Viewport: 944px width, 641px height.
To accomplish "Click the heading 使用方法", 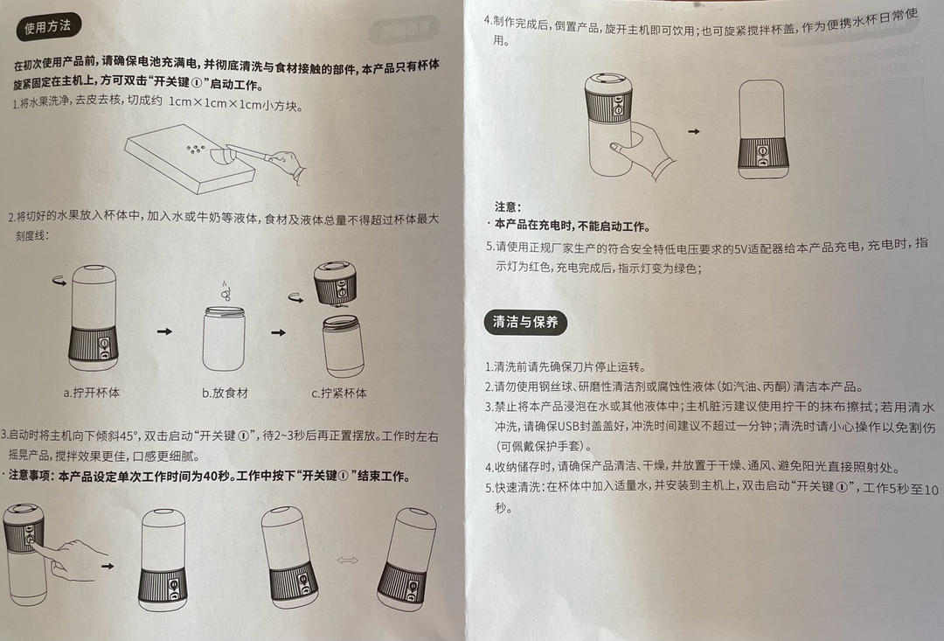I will (x=47, y=27).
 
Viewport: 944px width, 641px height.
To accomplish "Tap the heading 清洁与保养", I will (x=525, y=322).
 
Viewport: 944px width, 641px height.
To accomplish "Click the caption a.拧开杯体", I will (x=93, y=393).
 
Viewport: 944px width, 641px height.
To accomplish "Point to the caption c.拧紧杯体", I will (x=339, y=393).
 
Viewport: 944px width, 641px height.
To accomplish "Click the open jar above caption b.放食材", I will (x=224, y=337).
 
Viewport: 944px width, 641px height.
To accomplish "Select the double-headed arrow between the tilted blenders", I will (x=347, y=561).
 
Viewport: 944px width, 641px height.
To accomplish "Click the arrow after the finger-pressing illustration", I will (x=108, y=566).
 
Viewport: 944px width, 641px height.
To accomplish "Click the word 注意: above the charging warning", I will (x=508, y=207).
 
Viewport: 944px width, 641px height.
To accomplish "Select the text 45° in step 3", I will (x=132, y=435).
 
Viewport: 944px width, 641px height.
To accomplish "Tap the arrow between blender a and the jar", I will (x=163, y=332).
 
